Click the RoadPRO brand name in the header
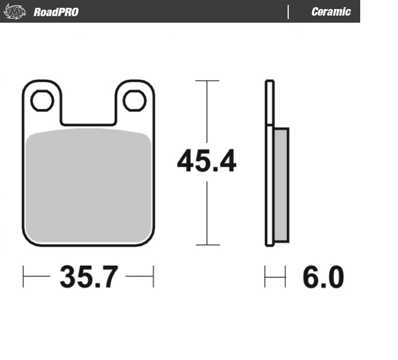coord(56,11)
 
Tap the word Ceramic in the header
coord(331,11)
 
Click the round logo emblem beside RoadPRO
coord(16,11)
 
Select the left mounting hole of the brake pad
coord(42,101)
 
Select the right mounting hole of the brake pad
coord(134,101)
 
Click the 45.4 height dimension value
coord(207,162)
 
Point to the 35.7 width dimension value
coord(88,278)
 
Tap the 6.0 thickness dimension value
coord(323,278)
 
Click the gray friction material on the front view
coord(89,186)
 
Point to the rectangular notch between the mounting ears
coord(88,111)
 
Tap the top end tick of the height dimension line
coord(207,80)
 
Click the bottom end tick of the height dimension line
coord(207,245)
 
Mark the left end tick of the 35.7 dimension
coord(23,278)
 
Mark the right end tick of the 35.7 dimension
coord(154,278)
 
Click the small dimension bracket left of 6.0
coord(273,278)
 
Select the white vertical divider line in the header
coord(288,11)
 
